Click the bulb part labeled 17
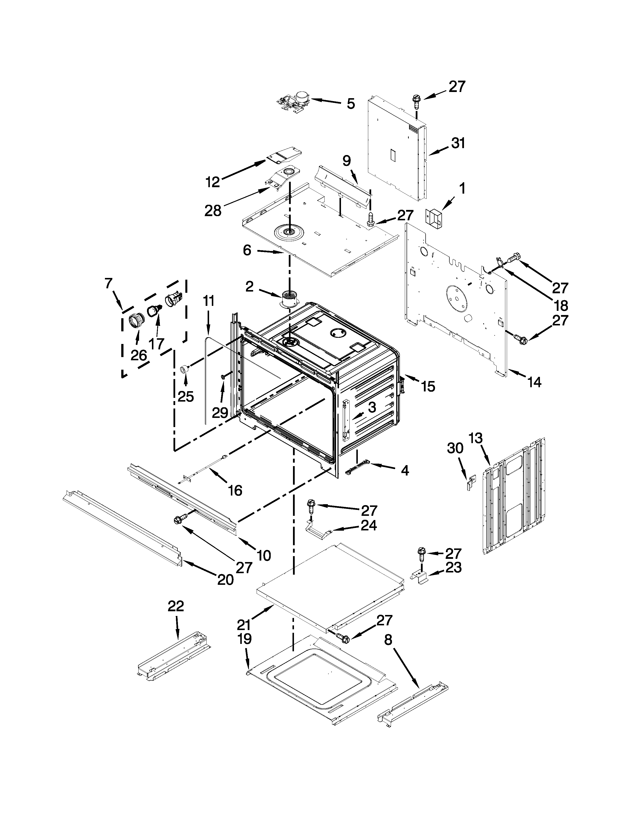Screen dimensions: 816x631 [x=154, y=310]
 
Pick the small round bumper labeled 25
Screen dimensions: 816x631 [x=184, y=369]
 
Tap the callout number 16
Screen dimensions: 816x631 [x=235, y=490]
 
